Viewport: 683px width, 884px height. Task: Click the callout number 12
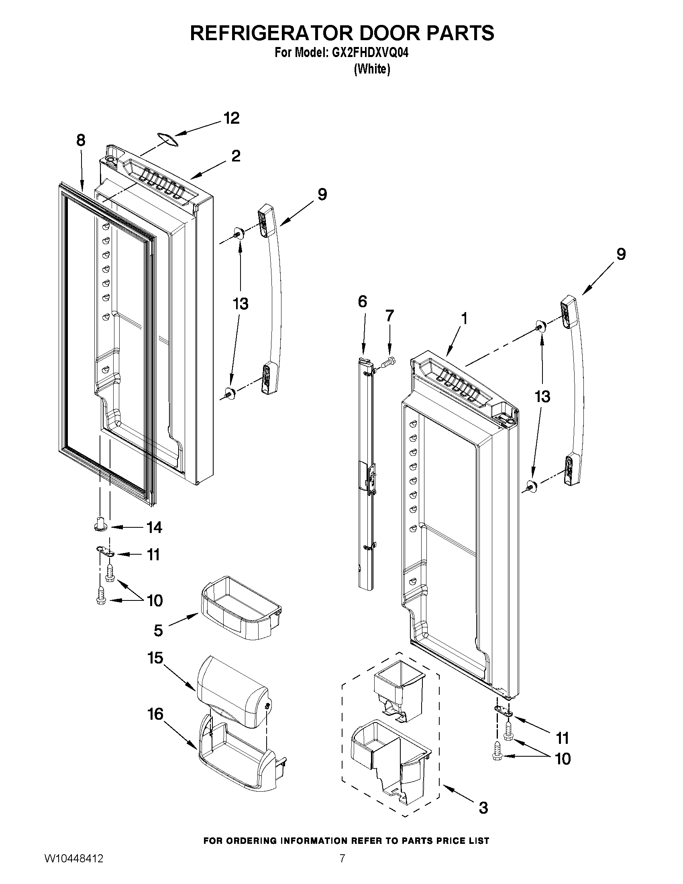pos(231,118)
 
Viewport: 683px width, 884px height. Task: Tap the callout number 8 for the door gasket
pos(81,141)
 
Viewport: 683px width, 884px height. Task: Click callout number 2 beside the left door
pos(236,156)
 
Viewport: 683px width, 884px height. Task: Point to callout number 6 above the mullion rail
pos(362,301)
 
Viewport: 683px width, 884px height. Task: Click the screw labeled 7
pos(389,359)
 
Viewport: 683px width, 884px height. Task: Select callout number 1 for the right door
pos(465,318)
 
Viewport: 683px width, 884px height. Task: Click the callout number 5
pos(158,630)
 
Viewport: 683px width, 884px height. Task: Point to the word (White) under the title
pos(372,69)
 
